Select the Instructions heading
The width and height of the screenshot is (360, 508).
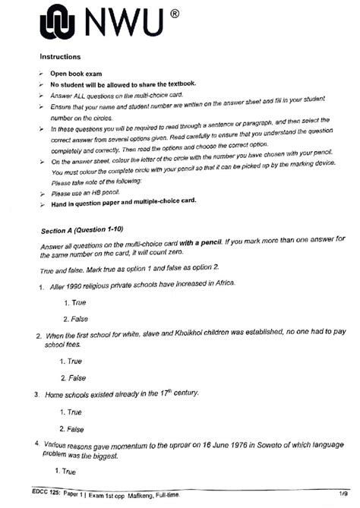pos(62,57)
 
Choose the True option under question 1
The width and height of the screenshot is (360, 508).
pos(76,302)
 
